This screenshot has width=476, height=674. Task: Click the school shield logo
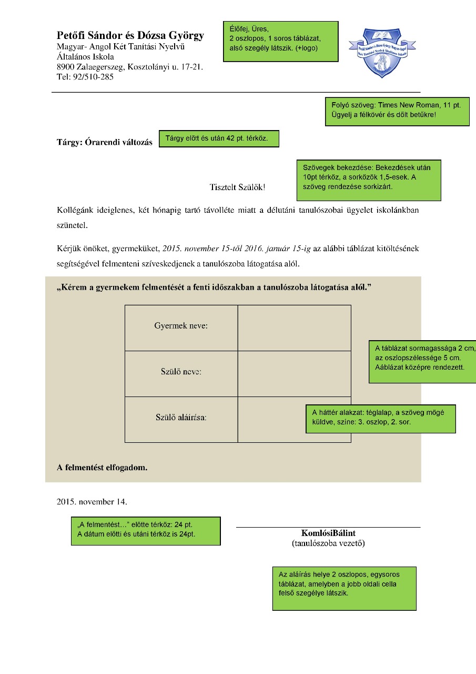(382, 53)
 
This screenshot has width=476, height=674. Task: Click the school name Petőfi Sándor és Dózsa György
(130, 35)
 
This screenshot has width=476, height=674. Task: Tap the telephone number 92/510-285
(93, 77)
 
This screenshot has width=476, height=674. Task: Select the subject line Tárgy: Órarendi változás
(105, 142)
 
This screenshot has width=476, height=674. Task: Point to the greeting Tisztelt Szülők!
(237, 187)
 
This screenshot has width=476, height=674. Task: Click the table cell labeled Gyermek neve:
(181, 328)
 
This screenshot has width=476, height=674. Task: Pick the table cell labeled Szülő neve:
(181, 374)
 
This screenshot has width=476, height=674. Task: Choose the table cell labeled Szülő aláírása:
(181, 420)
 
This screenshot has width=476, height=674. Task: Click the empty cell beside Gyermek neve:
(295, 328)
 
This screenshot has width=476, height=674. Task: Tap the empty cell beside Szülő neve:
(295, 374)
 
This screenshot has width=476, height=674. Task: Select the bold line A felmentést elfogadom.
(102, 467)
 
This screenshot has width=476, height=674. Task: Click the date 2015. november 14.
(92, 502)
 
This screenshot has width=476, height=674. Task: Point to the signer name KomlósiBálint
(328, 533)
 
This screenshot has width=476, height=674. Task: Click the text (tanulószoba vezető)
(328, 543)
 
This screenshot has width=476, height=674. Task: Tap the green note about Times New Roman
(397, 112)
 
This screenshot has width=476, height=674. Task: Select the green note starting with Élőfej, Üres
(281, 42)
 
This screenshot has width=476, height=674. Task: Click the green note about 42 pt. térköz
(219, 138)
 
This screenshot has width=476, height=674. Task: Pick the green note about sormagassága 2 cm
(422, 362)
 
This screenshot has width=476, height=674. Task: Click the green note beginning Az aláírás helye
(345, 589)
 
